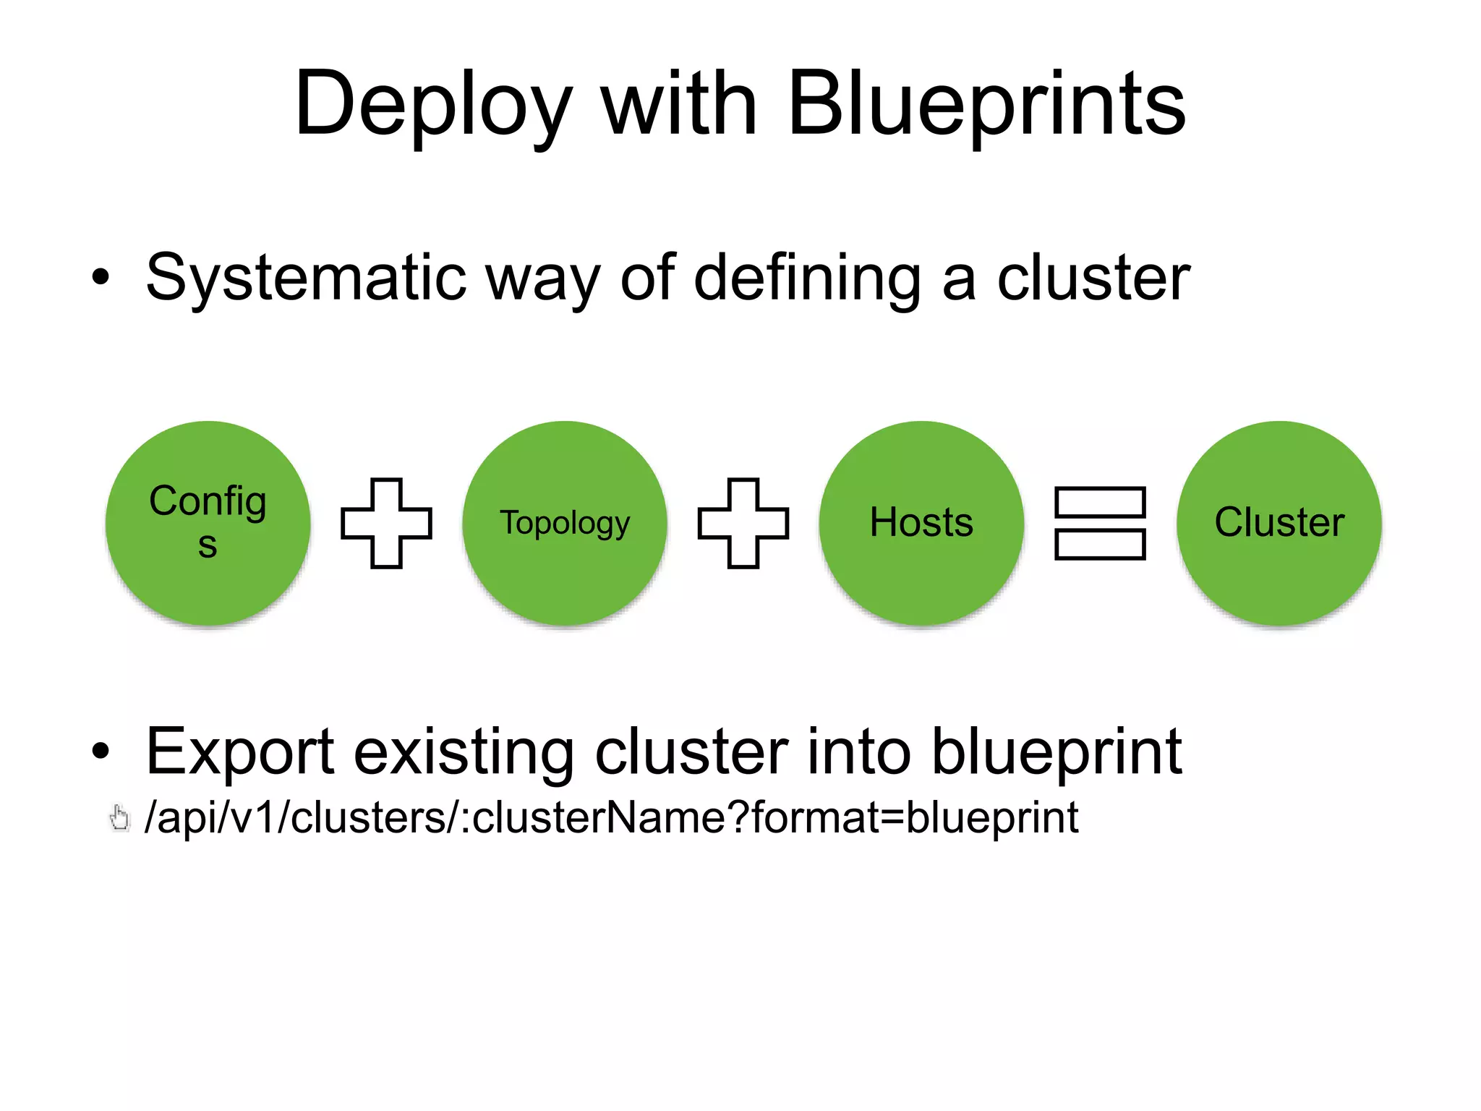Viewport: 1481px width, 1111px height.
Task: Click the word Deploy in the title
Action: click(x=432, y=105)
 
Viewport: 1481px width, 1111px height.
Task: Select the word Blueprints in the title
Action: click(x=986, y=105)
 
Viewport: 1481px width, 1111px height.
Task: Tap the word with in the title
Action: click(x=679, y=105)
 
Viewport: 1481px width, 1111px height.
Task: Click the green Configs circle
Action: click(x=208, y=522)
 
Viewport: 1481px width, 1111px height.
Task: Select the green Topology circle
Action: click(x=565, y=522)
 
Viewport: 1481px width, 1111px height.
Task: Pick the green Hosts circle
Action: click(x=921, y=522)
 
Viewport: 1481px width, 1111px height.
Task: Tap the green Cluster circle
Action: click(x=1279, y=522)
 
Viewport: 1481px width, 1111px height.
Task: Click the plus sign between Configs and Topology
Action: click(x=386, y=523)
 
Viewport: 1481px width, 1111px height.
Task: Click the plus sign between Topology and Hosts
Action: click(x=743, y=523)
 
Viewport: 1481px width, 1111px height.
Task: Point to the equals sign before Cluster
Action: click(x=1100, y=523)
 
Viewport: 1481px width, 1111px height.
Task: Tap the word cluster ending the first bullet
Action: click(x=1093, y=278)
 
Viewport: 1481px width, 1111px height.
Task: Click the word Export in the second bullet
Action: click(x=239, y=752)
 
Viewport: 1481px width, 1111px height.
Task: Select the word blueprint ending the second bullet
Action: click(x=1056, y=752)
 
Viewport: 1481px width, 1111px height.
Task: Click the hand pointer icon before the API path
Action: click(x=119, y=819)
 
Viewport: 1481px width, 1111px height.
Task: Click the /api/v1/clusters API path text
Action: click(x=611, y=818)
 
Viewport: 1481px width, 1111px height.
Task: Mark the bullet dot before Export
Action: click(x=101, y=752)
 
